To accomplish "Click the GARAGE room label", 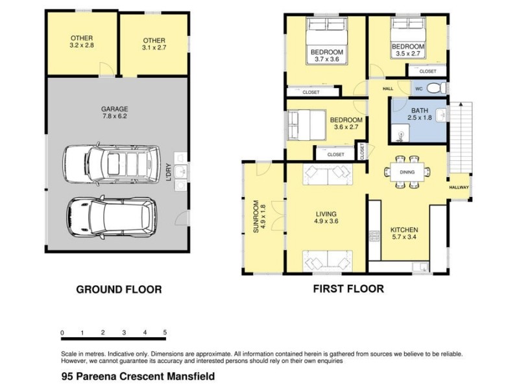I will coord(114,113).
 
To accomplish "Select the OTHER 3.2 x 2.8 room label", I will coord(82,42).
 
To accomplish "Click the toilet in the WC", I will coord(439,88).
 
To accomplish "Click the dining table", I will coord(407,172).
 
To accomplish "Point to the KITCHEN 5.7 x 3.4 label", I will coord(404,234).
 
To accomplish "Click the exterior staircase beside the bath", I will coord(462,136).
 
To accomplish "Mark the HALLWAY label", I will coord(459,188).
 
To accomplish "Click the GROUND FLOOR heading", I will coord(119,289).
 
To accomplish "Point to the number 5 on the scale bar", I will coord(165,333).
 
